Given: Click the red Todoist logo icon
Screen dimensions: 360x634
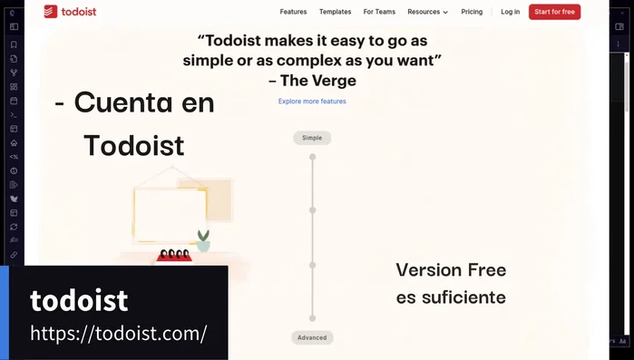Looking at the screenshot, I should click(x=50, y=12).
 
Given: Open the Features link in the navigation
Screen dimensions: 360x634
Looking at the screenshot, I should click(x=293, y=12).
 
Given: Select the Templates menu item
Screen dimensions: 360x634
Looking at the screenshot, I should click(x=335, y=12).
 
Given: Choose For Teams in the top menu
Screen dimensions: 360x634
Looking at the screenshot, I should click(x=379, y=12).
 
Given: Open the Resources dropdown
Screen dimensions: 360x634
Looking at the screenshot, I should click(x=427, y=12).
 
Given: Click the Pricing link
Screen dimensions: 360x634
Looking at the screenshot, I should click(x=472, y=12).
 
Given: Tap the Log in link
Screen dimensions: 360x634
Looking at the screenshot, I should click(x=510, y=12).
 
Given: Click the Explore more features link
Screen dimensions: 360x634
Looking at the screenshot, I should click(x=312, y=102).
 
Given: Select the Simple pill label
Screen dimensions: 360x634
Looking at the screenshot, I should click(x=312, y=138).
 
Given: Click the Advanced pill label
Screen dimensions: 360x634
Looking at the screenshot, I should click(x=312, y=337).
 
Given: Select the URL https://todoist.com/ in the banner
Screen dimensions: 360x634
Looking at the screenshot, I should click(x=119, y=334).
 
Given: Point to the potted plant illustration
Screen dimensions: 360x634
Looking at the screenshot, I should click(x=203, y=240).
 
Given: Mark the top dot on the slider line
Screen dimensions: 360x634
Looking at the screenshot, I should click(x=312, y=157).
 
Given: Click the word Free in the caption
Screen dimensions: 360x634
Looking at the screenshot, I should click(x=486, y=270).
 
